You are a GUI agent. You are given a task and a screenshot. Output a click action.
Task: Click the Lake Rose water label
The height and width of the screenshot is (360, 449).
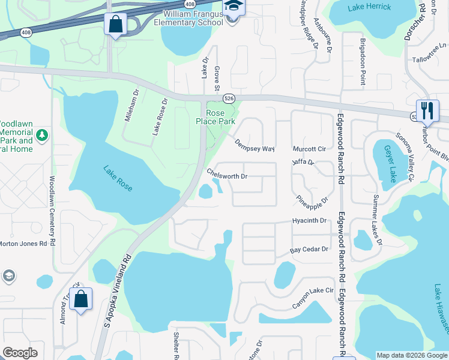[x=118, y=179]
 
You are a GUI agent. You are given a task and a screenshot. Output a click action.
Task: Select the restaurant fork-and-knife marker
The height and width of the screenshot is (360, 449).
[x=427, y=110]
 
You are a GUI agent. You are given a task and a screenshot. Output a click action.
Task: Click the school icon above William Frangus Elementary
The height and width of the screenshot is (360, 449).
[x=232, y=7]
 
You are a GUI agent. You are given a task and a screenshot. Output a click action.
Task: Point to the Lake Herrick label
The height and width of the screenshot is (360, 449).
[x=369, y=7]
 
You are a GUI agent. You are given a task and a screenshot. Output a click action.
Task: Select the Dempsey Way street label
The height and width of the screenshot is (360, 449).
[x=255, y=145]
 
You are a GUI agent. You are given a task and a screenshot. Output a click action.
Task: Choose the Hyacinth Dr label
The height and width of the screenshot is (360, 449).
[x=310, y=221]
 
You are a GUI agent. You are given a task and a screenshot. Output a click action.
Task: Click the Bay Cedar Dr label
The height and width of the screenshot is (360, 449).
[x=310, y=249]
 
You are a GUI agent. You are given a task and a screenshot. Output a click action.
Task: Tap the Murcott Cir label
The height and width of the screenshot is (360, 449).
[x=309, y=149]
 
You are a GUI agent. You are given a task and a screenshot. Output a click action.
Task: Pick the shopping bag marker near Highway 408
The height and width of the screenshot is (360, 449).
[x=115, y=25]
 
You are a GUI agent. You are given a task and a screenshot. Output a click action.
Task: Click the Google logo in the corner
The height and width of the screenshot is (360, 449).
[x=20, y=353]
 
